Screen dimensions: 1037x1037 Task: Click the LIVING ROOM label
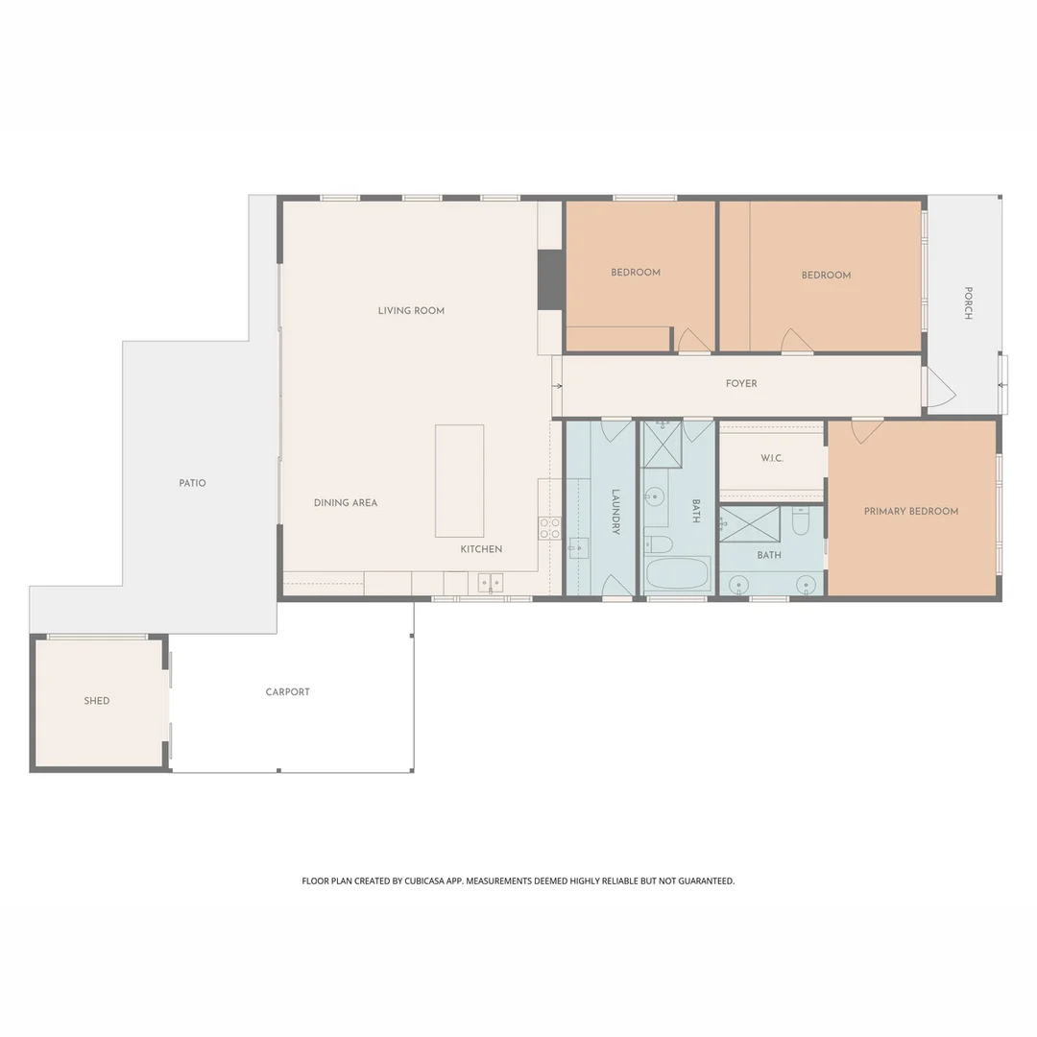pyautogui.click(x=411, y=310)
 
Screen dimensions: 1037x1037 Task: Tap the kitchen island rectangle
pyautogui.click(x=459, y=480)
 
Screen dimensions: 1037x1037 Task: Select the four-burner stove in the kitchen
pyautogui.click(x=549, y=528)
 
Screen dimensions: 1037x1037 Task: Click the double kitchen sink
pyautogui.click(x=491, y=582)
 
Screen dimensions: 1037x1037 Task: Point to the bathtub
pyautogui.click(x=677, y=575)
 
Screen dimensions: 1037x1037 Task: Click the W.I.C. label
pyautogui.click(x=772, y=458)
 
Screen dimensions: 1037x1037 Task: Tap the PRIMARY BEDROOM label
pyautogui.click(x=910, y=511)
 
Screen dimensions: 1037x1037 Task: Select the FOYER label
pyautogui.click(x=741, y=383)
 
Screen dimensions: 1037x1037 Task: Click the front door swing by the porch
pyautogui.click(x=939, y=387)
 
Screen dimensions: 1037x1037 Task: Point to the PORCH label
pyautogui.click(x=968, y=302)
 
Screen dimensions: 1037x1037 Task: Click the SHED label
pyautogui.click(x=97, y=701)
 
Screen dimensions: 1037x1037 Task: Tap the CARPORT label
pyautogui.click(x=288, y=691)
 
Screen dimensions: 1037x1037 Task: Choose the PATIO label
pyautogui.click(x=192, y=483)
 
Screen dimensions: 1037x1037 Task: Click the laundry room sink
pyautogui.click(x=578, y=547)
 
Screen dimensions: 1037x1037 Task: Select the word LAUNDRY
pyautogui.click(x=616, y=512)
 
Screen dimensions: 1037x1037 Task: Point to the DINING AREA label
pyautogui.click(x=346, y=502)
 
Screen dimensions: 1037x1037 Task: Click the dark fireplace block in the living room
pyautogui.click(x=550, y=279)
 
